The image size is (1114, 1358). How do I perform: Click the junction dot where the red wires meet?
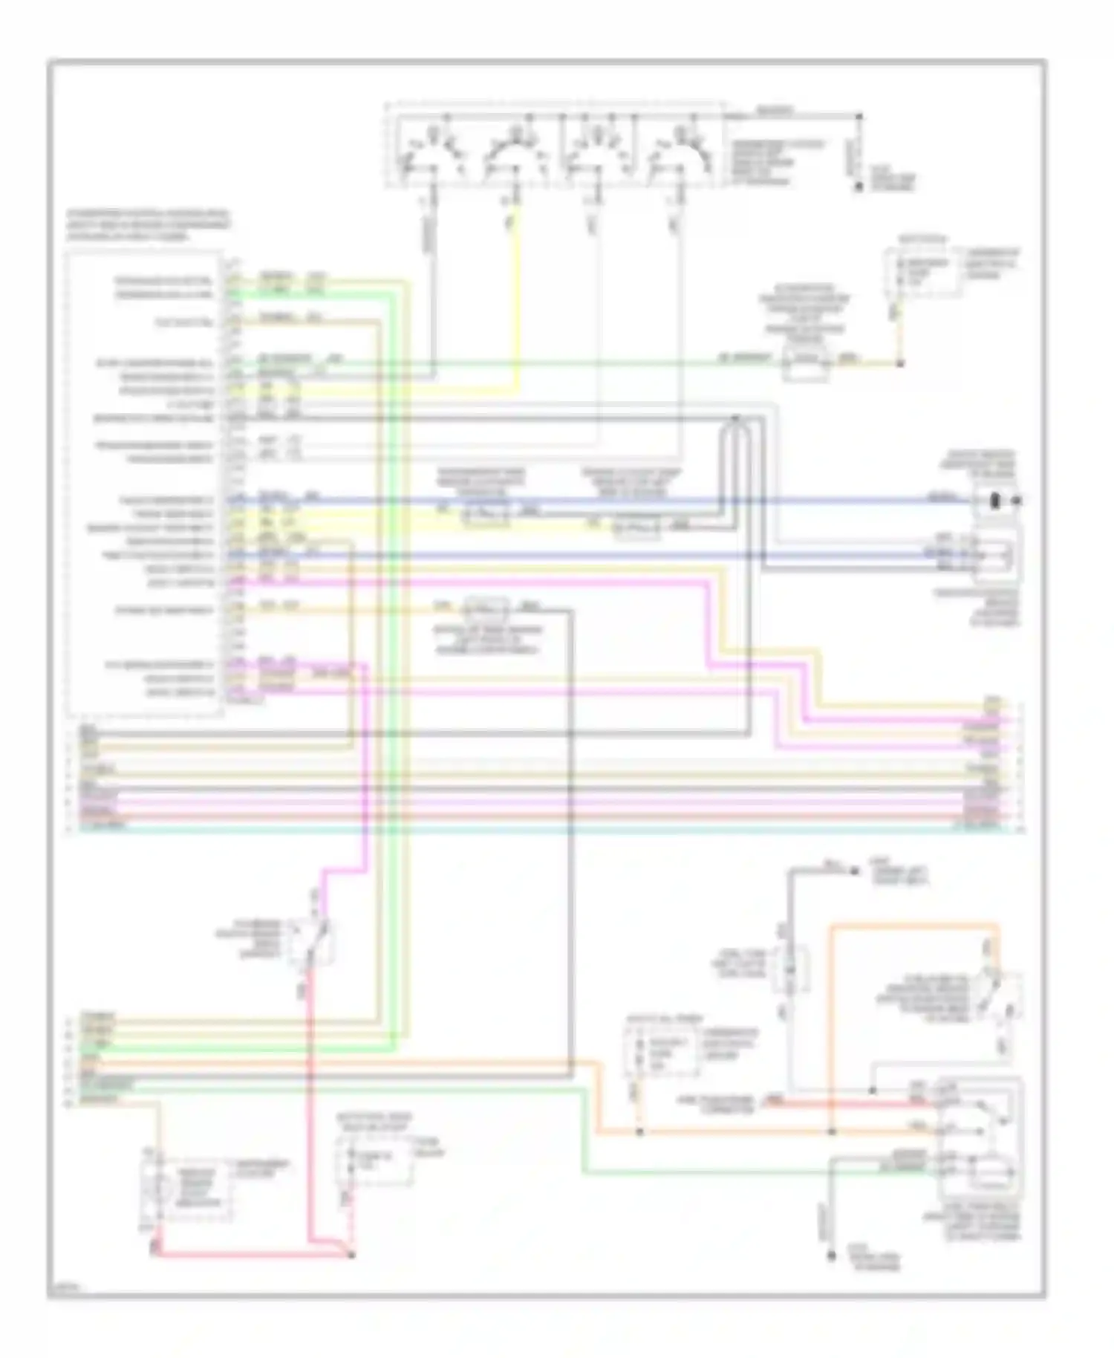coord(351,1255)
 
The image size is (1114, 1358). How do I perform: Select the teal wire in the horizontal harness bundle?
coord(520,825)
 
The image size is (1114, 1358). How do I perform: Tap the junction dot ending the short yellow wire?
coord(899,363)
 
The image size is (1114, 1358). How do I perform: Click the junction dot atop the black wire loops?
coord(734,419)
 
